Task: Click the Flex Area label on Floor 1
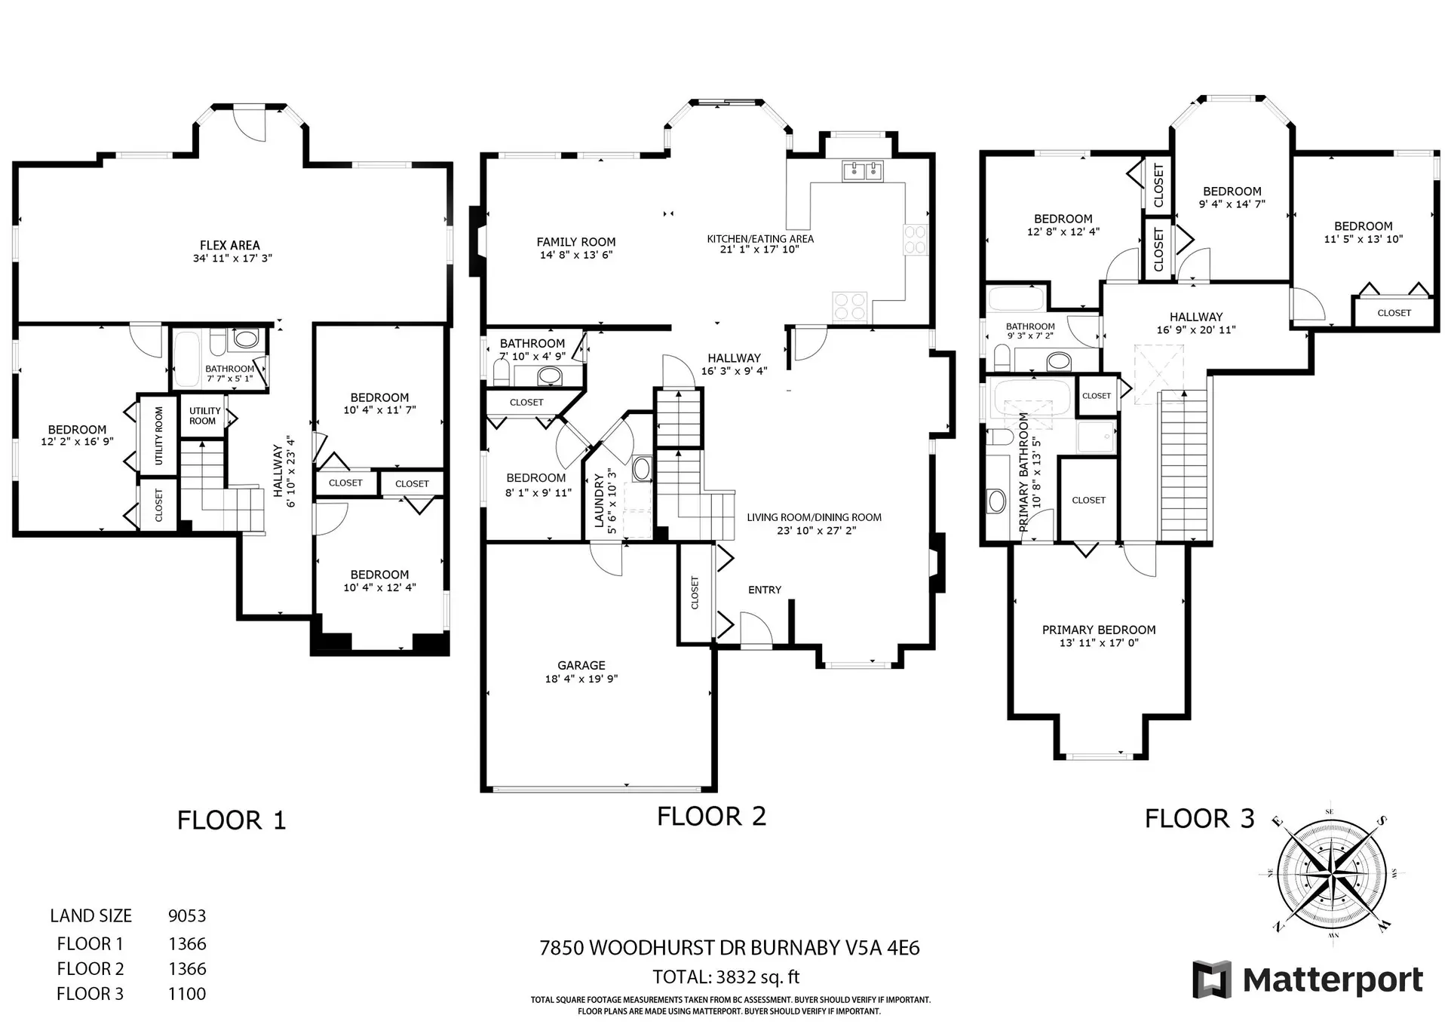(x=230, y=246)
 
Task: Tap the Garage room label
(x=581, y=666)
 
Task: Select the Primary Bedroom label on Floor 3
(x=1098, y=630)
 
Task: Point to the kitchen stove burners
(x=850, y=306)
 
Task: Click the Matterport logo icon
(x=1211, y=980)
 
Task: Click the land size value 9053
(x=186, y=916)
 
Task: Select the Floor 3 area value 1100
(x=186, y=994)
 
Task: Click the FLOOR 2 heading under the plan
(x=711, y=817)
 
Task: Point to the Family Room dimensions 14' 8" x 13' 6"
(x=576, y=255)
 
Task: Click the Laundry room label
(x=600, y=500)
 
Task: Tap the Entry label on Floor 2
(x=764, y=590)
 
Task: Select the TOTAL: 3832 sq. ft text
(x=726, y=977)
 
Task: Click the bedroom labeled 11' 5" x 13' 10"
(x=1363, y=232)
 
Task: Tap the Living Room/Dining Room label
(x=814, y=517)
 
